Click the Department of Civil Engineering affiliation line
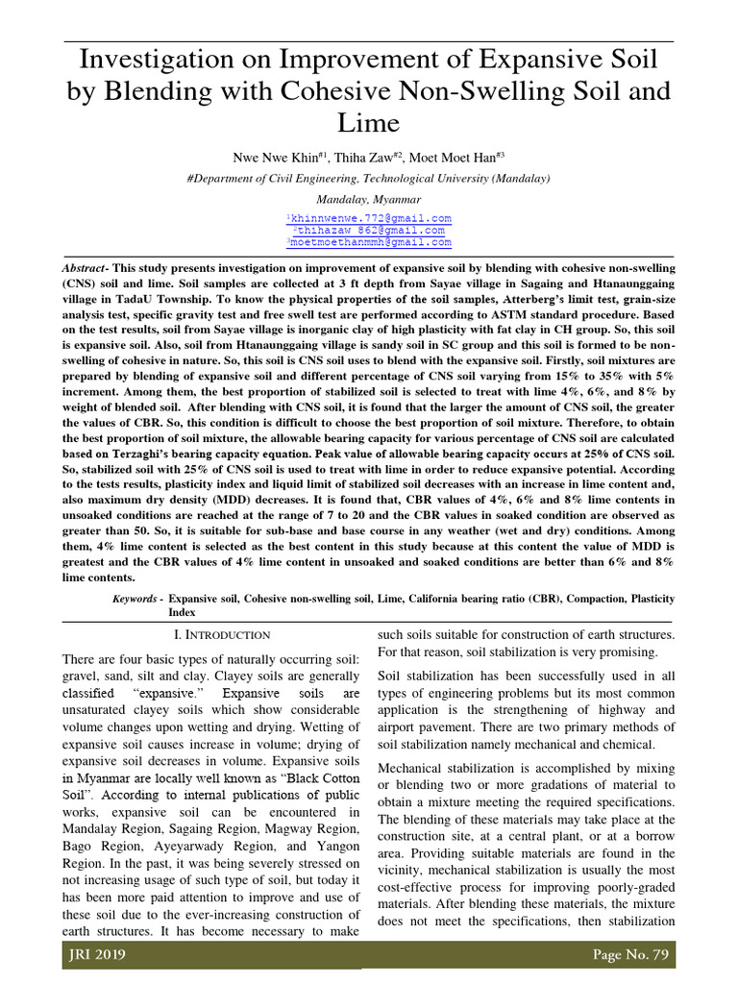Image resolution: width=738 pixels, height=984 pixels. pyautogui.click(x=368, y=179)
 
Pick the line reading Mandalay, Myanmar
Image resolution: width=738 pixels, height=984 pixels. pyautogui.click(x=368, y=200)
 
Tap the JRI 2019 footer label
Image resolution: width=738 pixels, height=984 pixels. pyautogui.click(x=97, y=956)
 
